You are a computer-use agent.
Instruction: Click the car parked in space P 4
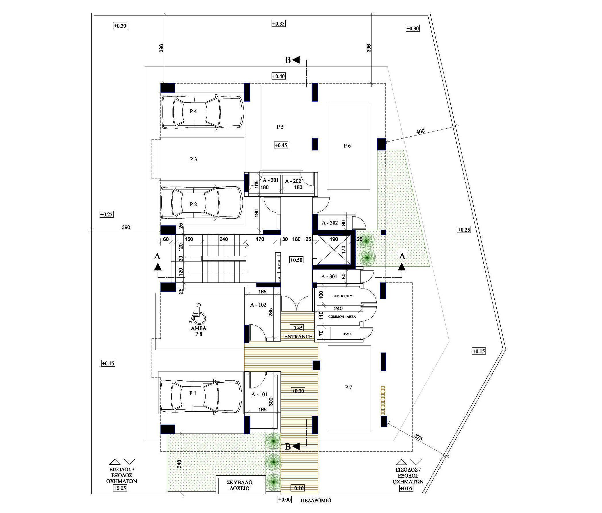point(202,111)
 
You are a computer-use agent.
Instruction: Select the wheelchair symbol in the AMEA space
point(198,314)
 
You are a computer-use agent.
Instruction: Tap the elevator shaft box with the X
point(334,250)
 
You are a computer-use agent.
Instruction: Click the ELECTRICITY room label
point(341,296)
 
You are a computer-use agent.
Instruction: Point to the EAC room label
point(347,334)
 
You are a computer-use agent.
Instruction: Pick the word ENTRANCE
point(298,337)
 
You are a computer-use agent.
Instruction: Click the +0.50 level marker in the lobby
point(296,260)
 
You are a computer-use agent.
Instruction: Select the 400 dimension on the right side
point(420,131)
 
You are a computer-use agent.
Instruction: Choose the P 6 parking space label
point(347,146)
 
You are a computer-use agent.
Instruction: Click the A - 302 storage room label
point(330,223)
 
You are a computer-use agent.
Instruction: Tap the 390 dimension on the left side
point(126,227)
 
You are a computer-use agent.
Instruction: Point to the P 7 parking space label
point(349,387)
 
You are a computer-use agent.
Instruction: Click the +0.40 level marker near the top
point(279,76)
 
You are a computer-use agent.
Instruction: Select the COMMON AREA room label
point(342,317)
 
